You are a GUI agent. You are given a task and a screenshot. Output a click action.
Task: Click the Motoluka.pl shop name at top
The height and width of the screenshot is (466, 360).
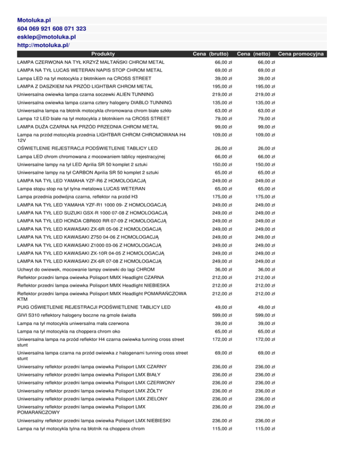pos(34,21)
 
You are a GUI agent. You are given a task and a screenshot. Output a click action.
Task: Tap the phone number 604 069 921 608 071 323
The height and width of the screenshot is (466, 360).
pos(51,29)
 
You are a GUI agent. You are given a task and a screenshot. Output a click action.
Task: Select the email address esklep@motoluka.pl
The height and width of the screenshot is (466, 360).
pos(47,37)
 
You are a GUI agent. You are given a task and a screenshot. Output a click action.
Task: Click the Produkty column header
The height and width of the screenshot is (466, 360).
pos(104,54)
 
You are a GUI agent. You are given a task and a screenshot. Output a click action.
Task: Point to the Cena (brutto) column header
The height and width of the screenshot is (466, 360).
pos(211,54)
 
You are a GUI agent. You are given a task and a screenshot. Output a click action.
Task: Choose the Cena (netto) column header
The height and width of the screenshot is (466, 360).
pos(255,54)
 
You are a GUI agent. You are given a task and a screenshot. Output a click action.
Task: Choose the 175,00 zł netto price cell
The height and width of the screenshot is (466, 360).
pos(265,183)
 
